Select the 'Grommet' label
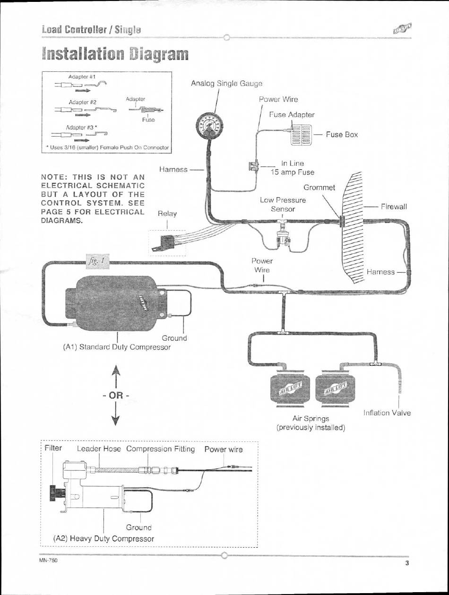(x=319, y=187)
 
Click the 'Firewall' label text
(x=394, y=207)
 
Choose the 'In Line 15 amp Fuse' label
(x=293, y=168)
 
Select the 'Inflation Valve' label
(x=387, y=413)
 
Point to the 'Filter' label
(x=53, y=448)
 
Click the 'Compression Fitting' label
(x=161, y=449)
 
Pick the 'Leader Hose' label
(x=99, y=449)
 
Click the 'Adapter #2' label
(x=83, y=102)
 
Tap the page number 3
(x=406, y=563)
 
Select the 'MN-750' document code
(x=49, y=560)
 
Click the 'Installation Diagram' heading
(x=115, y=54)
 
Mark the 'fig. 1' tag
(x=98, y=261)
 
